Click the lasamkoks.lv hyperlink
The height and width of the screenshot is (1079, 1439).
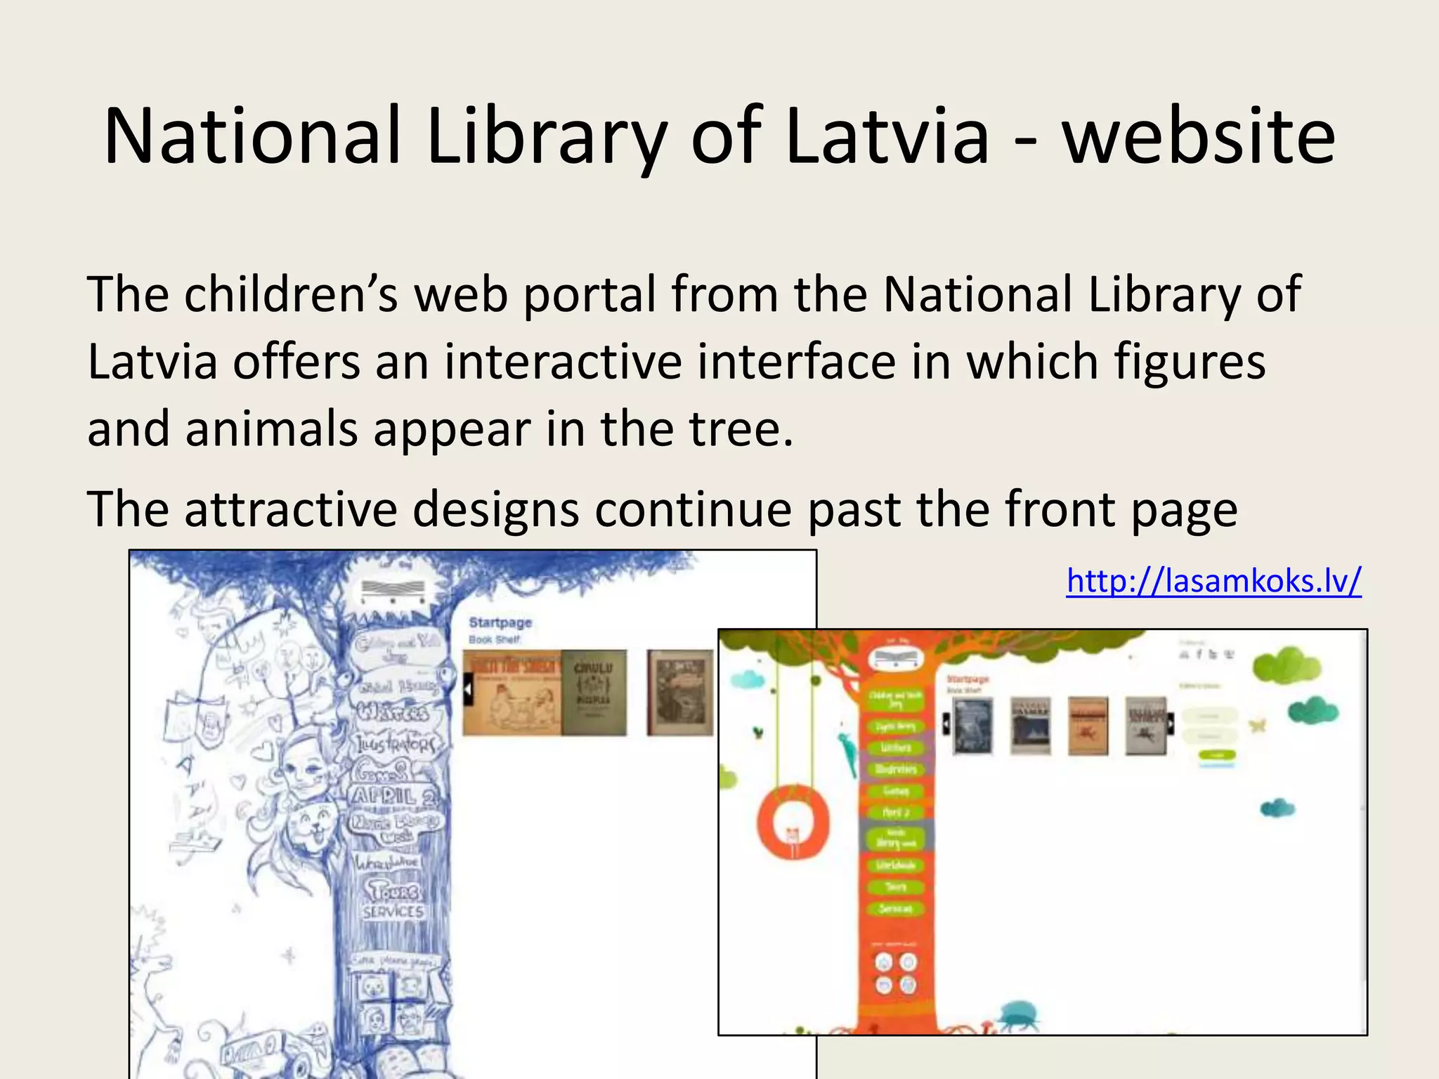[1213, 581]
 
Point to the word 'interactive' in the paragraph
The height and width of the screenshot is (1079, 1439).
[562, 362]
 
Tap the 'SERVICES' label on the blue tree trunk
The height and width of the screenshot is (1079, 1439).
[393, 912]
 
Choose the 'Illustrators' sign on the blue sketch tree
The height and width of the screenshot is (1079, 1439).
[393, 743]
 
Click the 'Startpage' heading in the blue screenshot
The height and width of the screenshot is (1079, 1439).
[500, 622]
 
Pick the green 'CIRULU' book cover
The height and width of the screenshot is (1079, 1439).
[594, 692]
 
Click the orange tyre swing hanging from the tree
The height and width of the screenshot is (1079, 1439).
[793, 822]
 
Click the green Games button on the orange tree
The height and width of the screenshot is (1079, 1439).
[895, 791]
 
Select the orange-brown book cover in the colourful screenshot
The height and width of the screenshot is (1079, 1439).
[1088, 726]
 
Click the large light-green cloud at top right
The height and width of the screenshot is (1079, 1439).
[1286, 664]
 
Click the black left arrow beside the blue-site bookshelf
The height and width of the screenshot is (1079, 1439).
[467, 691]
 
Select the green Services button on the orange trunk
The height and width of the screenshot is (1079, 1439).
[895, 909]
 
